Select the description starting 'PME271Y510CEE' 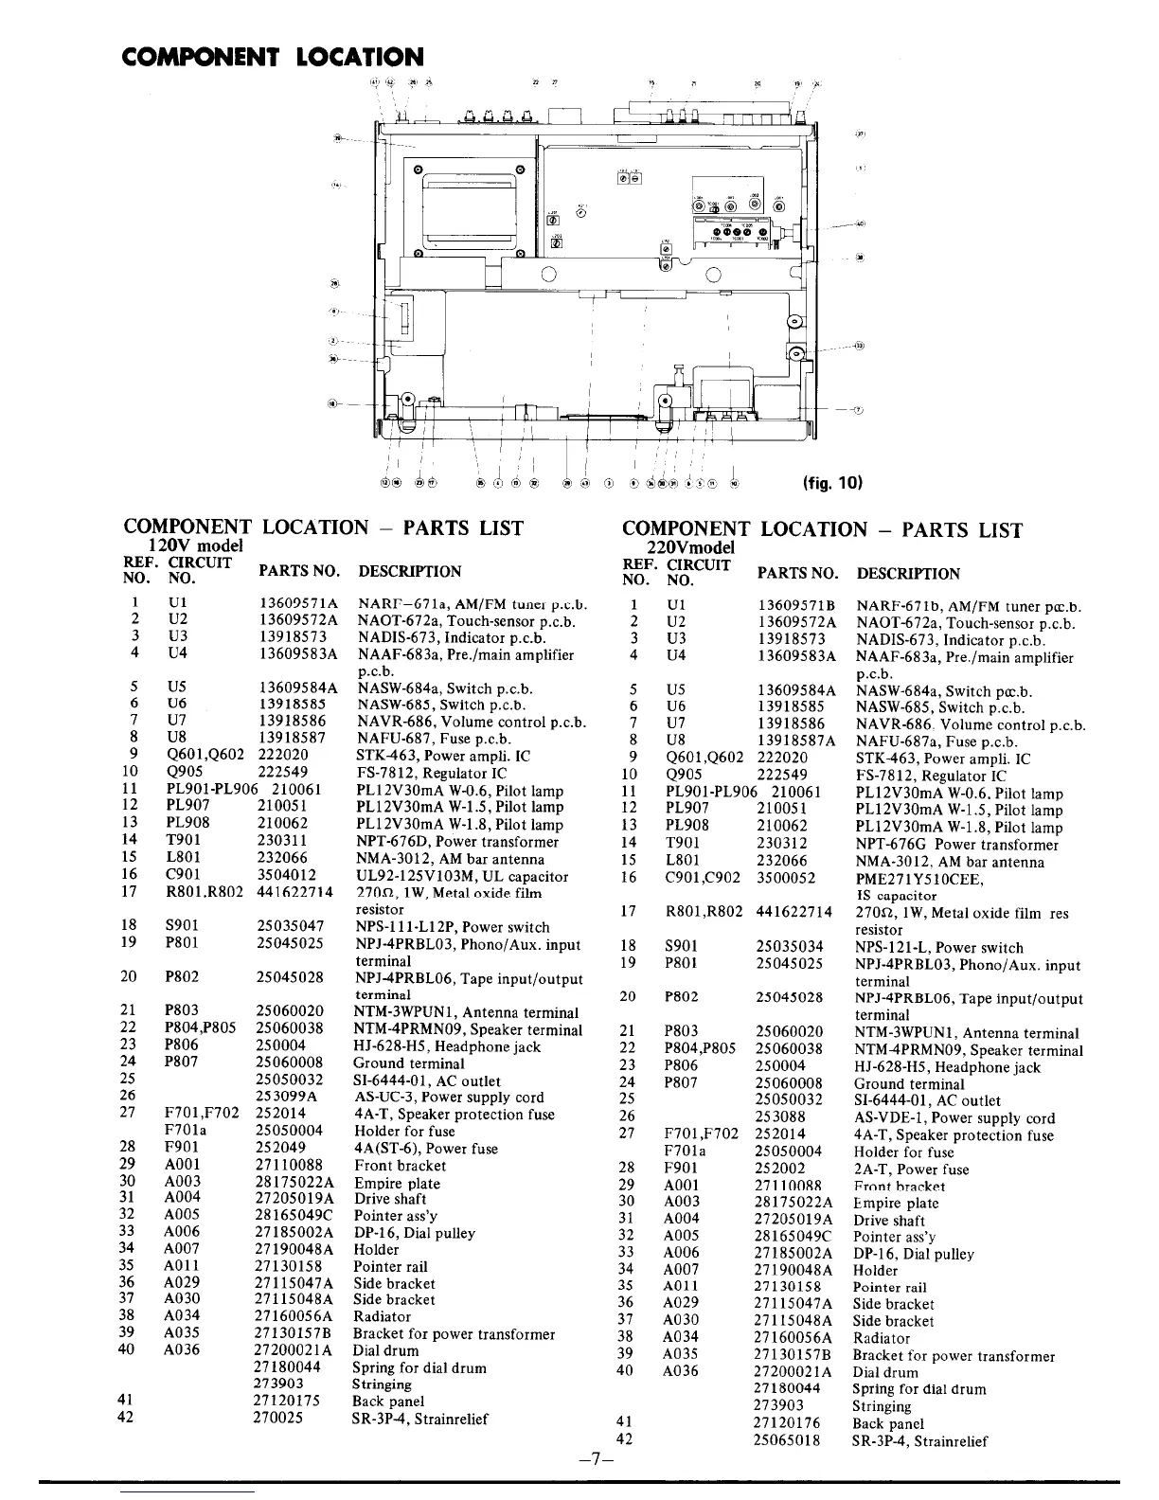[919, 879]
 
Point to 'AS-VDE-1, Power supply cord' [954, 1117]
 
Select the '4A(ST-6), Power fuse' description [425, 1148]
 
